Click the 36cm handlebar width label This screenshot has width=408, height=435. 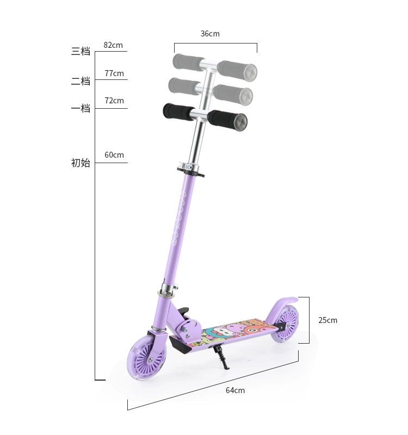pyautogui.click(x=210, y=34)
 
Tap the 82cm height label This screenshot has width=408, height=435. pyautogui.click(x=113, y=45)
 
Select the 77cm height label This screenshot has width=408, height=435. pyautogui.click(x=114, y=73)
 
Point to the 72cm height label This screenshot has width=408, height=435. pyautogui.click(x=114, y=101)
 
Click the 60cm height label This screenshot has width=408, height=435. pyautogui.click(x=114, y=155)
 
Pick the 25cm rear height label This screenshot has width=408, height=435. pyautogui.click(x=328, y=320)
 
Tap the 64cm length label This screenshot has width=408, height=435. pyautogui.click(x=235, y=390)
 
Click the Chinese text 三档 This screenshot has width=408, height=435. pyautogui.click(x=81, y=51)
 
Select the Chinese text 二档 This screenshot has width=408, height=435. pyautogui.click(x=81, y=81)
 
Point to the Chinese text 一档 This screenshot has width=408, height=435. pyautogui.click(x=81, y=108)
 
